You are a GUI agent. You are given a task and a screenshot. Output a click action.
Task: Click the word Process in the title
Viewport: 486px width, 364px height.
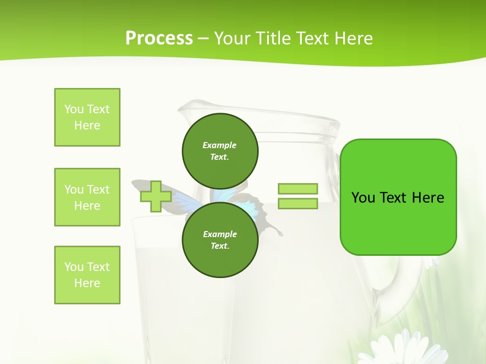[159, 38]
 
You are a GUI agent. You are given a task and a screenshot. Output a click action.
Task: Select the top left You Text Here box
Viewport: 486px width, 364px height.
[87, 117]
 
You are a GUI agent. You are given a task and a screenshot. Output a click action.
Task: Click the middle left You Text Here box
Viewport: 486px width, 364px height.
[87, 197]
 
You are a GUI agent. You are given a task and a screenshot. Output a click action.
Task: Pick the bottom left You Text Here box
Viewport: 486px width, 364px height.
[87, 275]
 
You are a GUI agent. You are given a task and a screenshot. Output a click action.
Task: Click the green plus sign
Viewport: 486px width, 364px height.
[156, 197]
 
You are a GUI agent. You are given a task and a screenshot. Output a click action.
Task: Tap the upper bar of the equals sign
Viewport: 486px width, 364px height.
[298, 189]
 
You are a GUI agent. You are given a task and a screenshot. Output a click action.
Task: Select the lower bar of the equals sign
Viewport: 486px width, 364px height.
[298, 204]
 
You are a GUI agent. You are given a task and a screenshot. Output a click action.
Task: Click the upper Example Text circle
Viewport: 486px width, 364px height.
[220, 151]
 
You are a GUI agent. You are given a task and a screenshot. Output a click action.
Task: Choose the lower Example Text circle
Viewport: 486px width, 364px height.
[220, 240]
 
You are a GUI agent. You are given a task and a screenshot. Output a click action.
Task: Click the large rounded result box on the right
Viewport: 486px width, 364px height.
[398, 197]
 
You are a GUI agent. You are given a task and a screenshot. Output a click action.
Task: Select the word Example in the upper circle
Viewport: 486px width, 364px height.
[220, 145]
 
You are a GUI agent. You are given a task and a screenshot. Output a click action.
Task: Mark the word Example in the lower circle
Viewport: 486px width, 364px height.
[220, 234]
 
